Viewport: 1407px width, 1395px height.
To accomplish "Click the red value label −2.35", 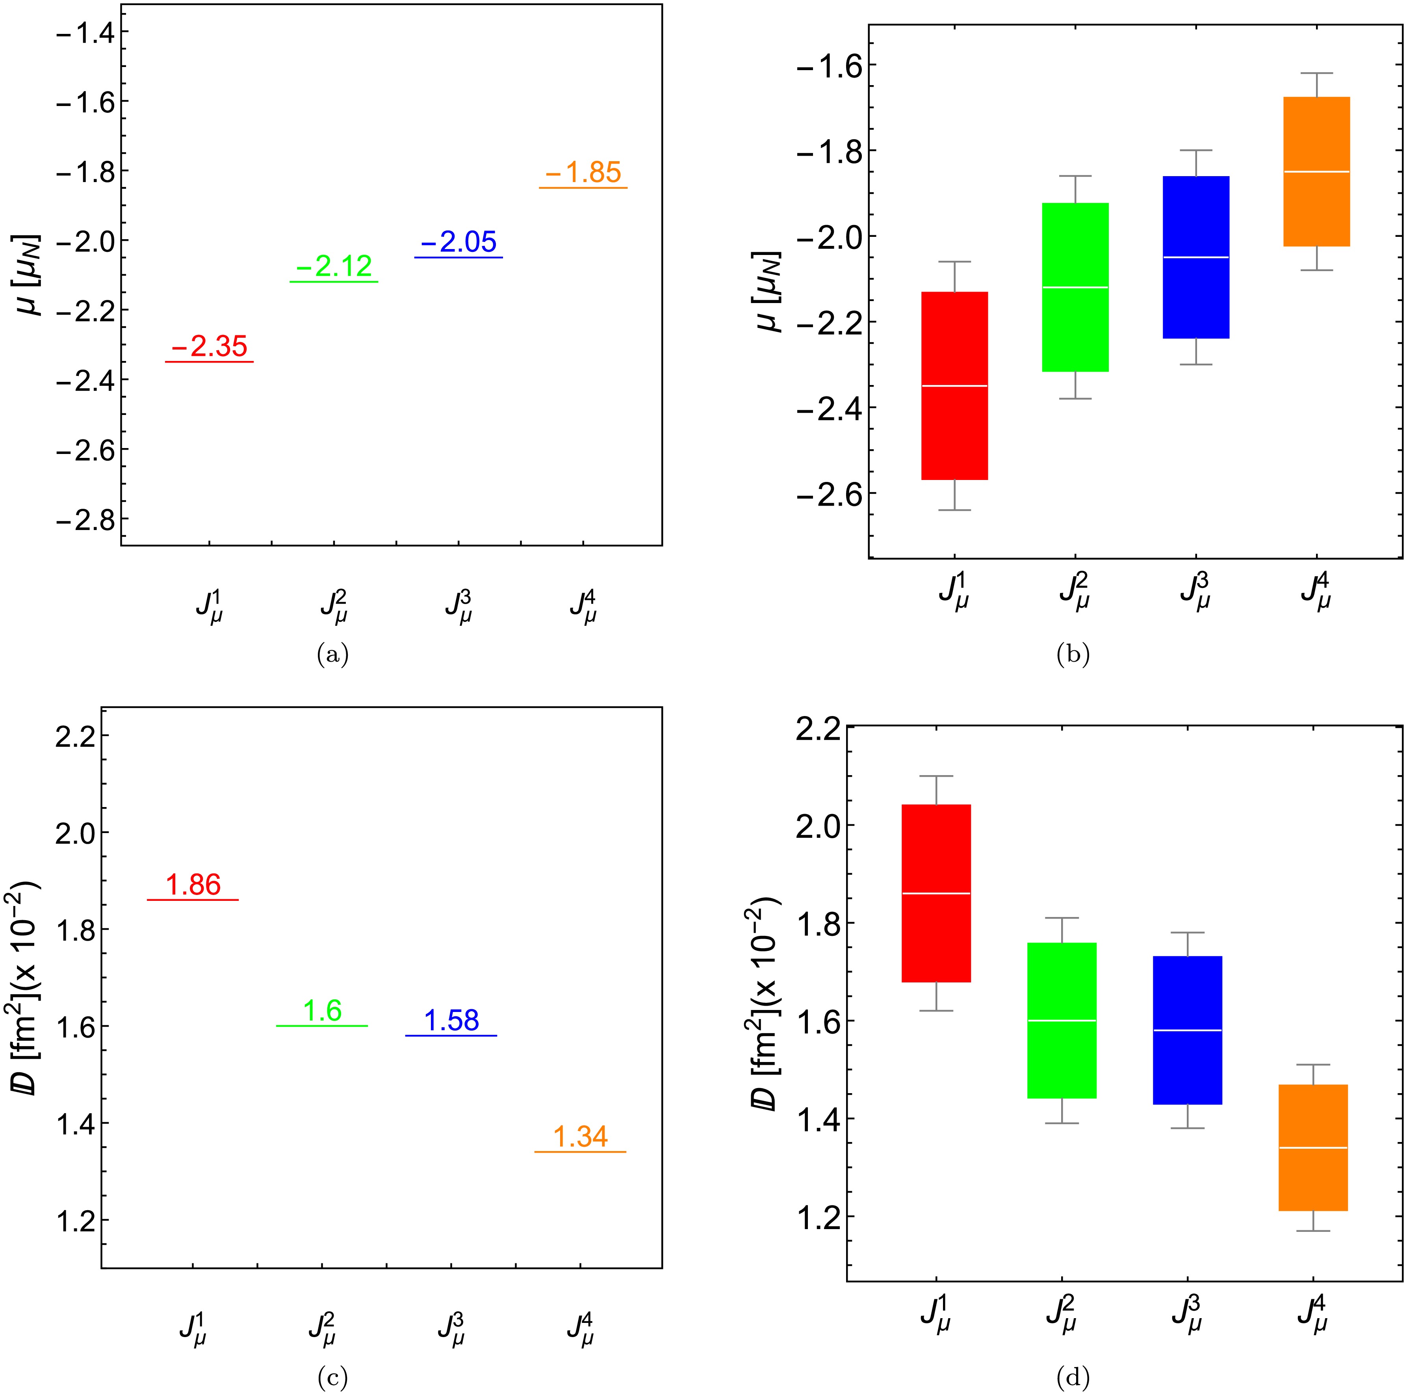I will click(210, 347).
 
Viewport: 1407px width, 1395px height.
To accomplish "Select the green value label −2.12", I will click(334, 267).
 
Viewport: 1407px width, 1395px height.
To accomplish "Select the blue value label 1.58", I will click(451, 1021).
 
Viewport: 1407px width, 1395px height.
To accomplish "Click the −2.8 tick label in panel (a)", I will click(80, 520).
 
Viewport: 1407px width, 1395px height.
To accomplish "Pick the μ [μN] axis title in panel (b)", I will click(769, 291).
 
